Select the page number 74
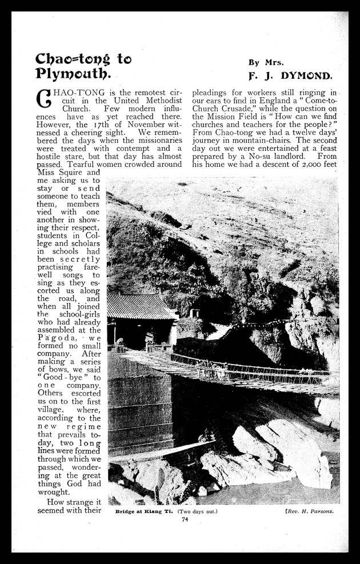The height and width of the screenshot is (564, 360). pos(185,519)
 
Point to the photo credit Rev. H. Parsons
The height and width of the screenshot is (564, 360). pos(308,511)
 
